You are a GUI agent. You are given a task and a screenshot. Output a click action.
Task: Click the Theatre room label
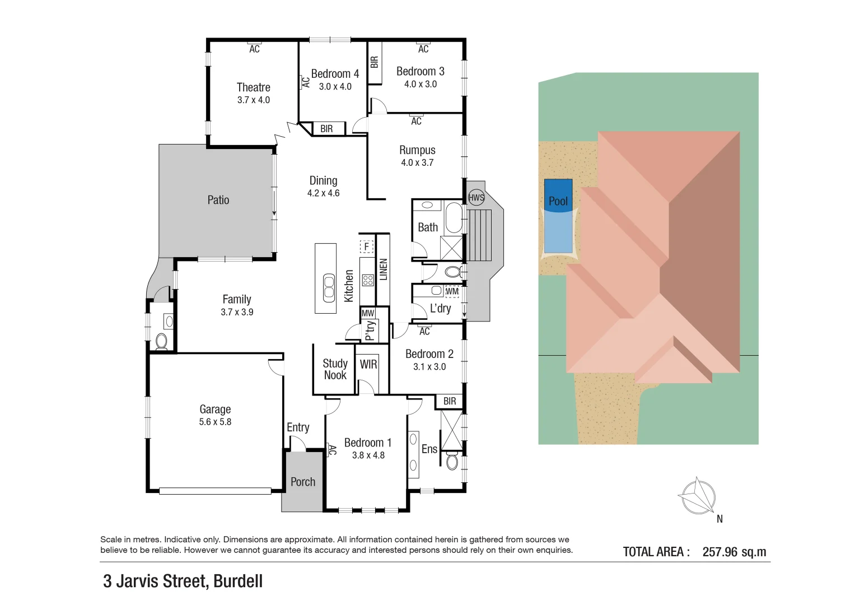click(x=253, y=87)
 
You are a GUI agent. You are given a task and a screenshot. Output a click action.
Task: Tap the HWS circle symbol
click(x=476, y=197)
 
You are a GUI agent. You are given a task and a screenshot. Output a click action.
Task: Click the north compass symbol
click(x=698, y=496)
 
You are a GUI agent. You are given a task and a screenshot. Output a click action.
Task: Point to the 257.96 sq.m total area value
click(x=734, y=552)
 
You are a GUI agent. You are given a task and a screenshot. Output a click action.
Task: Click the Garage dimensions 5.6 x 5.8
click(x=215, y=422)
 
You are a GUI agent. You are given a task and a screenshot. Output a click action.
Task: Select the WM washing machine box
click(x=452, y=291)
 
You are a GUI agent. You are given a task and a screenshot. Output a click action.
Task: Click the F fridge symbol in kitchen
click(x=367, y=246)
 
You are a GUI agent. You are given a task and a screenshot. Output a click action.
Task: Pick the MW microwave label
click(x=368, y=313)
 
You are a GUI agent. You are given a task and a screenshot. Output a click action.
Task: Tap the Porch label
click(x=303, y=482)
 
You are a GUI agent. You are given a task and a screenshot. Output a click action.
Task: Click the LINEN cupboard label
click(x=384, y=269)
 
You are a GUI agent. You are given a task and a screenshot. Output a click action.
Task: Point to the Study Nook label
click(x=335, y=369)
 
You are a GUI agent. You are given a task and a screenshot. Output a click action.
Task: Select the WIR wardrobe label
click(x=368, y=364)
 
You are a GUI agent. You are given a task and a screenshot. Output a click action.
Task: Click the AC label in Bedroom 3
click(x=423, y=49)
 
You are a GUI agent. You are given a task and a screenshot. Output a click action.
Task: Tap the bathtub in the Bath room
click(x=454, y=218)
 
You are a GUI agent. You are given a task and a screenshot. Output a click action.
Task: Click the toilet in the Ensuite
click(x=452, y=460)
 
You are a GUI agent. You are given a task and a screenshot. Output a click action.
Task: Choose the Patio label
click(x=218, y=200)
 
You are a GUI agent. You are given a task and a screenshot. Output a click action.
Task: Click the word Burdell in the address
click(x=238, y=581)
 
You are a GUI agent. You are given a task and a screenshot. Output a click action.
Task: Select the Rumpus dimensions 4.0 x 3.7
click(x=417, y=162)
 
